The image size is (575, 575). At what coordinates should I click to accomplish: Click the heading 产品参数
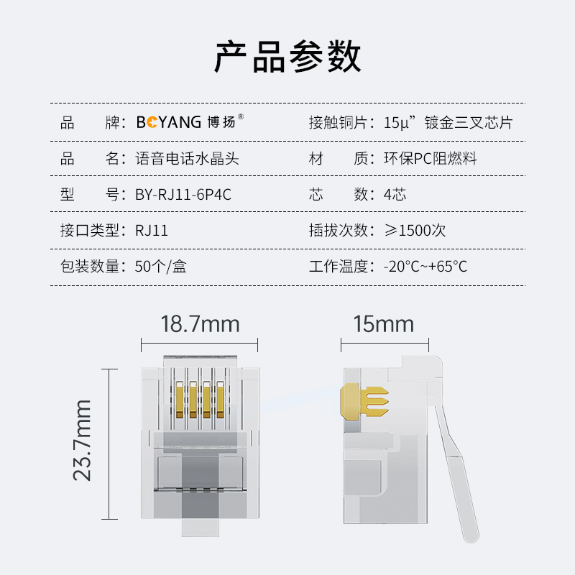pos(287,57)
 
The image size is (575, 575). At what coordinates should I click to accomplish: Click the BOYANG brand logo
pos(190,121)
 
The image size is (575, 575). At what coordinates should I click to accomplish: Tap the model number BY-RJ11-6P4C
pos(183,194)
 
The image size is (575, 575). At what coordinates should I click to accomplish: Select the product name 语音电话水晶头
pos(187,159)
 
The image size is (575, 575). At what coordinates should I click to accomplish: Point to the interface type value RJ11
pos(152,231)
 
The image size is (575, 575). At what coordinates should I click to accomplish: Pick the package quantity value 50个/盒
pos(160,267)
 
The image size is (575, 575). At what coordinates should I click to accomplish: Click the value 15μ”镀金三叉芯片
pos(448,122)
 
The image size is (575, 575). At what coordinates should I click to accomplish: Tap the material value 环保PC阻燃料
pos(430,159)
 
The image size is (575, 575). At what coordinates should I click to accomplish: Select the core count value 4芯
pos(395,194)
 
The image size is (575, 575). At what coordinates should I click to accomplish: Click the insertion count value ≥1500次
pos(415,231)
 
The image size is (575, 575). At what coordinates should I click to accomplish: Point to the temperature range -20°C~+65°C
pos(425,267)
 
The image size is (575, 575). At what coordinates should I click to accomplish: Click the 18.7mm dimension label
pos(200,324)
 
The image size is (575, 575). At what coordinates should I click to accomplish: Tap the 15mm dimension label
pos(384,324)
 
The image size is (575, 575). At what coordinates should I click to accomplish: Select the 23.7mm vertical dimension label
pos(82,441)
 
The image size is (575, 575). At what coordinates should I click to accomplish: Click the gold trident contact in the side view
pos(364,402)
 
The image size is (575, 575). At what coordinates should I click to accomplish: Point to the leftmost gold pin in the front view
pos(180,400)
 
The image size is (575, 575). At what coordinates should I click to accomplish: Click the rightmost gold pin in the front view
pos(220,400)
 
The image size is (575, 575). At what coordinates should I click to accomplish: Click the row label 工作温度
pos(339,267)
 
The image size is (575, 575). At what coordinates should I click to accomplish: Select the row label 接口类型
pos(90,231)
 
